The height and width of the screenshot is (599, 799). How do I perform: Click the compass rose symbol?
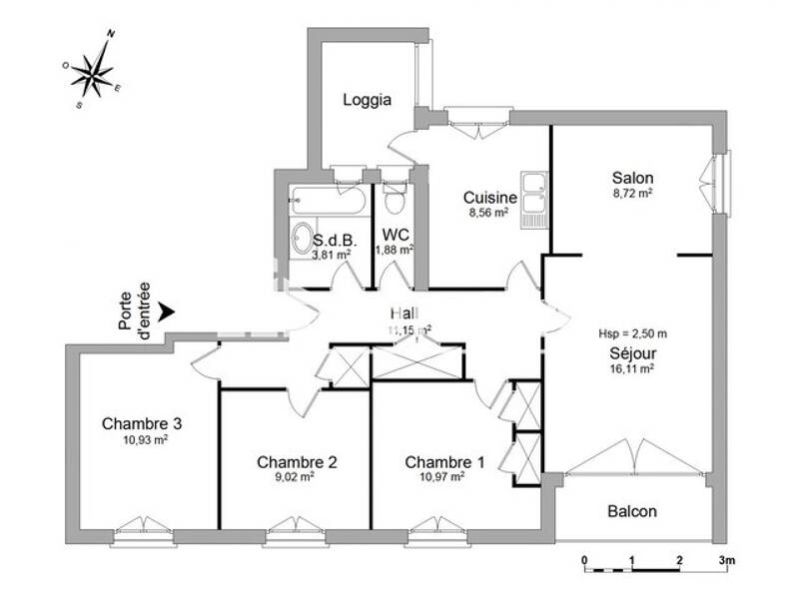(92, 70)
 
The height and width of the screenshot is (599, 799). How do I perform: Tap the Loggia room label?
(367, 100)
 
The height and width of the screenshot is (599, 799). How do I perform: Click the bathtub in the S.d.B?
(328, 201)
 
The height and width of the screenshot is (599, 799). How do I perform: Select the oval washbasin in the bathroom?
(301, 239)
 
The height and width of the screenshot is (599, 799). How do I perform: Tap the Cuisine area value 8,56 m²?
(488, 213)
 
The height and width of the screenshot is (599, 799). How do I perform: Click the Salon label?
(632, 179)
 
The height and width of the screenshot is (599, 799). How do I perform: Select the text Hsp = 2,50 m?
(632, 333)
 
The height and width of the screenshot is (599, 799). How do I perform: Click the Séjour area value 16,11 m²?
(632, 368)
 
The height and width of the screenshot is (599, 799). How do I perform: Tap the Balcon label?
(632, 511)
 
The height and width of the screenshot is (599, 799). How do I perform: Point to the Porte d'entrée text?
(134, 308)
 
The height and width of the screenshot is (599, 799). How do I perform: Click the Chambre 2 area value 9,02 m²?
(297, 477)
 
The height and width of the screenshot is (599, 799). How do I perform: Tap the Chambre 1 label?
(444, 462)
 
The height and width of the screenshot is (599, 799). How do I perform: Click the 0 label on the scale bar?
(584, 559)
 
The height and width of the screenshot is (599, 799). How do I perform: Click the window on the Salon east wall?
(720, 182)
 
